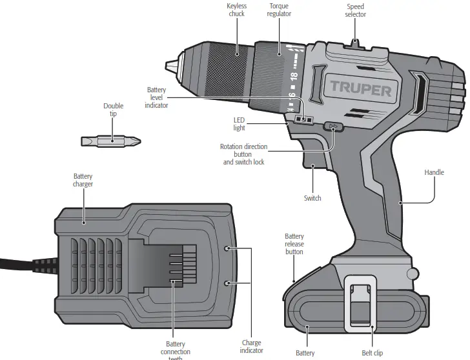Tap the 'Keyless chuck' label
point(236,10)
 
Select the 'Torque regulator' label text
point(279,10)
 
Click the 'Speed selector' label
point(355,10)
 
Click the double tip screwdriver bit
point(111,141)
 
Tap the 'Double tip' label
point(113,110)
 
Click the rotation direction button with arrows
point(333,127)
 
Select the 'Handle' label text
point(434,172)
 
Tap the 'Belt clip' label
point(372,353)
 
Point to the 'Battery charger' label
point(83,180)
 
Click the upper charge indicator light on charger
point(227,248)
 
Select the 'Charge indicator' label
point(251,346)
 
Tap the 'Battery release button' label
point(294,244)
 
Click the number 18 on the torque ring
point(294,77)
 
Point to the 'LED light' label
point(239,124)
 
